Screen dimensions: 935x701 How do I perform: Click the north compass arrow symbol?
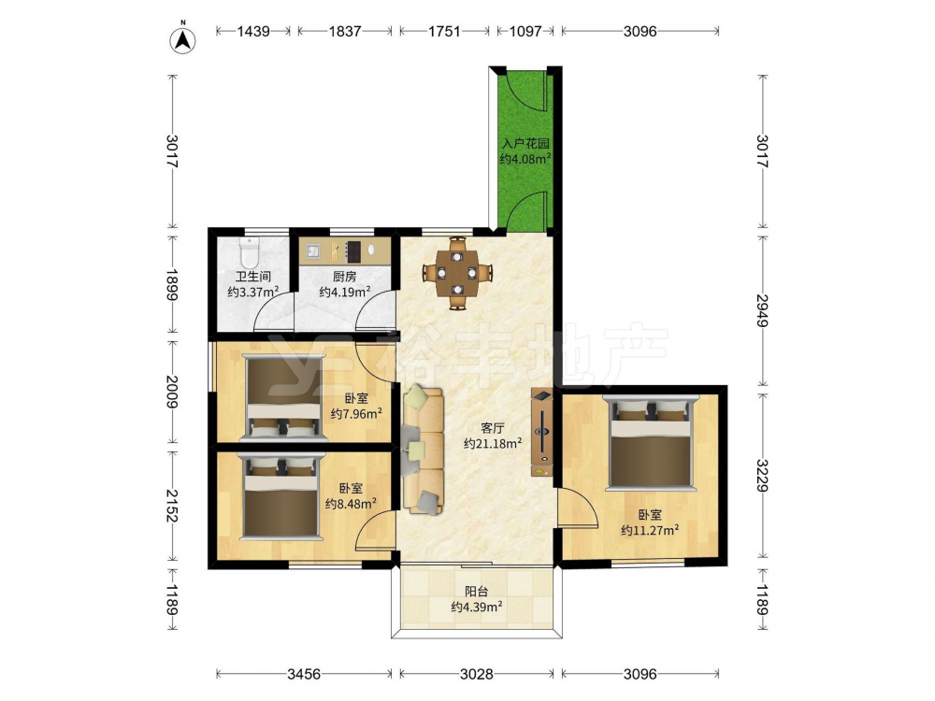coord(183,38)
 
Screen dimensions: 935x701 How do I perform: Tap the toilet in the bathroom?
coord(250,252)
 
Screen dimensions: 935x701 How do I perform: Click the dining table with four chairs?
coord(457,273)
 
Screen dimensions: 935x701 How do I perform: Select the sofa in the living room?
coord(423,451)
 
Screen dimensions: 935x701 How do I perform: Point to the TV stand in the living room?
coord(541,433)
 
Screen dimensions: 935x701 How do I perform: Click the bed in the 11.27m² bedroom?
coord(651,443)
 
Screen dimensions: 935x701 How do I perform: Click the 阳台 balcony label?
coord(477,592)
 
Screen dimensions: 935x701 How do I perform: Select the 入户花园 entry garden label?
coord(525,144)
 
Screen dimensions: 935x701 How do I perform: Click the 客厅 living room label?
coord(493,428)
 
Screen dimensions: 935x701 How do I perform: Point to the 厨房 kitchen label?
coord(345,277)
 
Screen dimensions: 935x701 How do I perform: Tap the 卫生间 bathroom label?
coord(253,277)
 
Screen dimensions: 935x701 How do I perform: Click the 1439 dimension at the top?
coord(253,31)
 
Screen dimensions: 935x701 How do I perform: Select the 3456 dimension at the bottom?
coord(304,674)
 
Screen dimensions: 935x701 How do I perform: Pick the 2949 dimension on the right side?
coord(762,310)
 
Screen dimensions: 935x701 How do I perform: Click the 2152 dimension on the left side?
coord(172,506)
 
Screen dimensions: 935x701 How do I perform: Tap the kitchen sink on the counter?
coord(313,250)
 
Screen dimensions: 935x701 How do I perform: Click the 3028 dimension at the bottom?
coord(477,674)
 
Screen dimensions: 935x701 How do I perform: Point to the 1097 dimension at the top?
coord(525,31)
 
